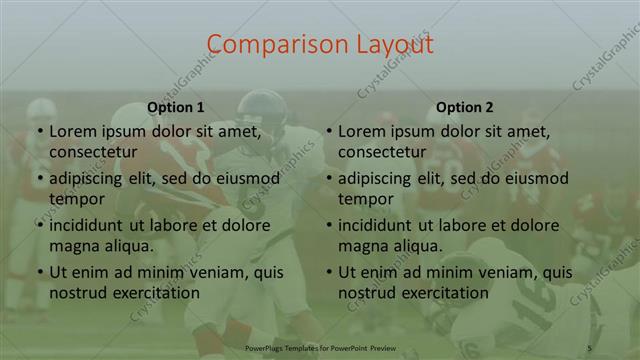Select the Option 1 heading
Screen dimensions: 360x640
(x=176, y=107)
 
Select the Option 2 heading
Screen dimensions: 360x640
(x=465, y=107)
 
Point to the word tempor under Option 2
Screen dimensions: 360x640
(x=366, y=198)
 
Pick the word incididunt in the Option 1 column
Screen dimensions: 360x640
(x=91, y=225)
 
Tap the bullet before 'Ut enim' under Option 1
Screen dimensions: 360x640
(x=40, y=273)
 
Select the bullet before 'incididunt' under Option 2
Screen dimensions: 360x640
(x=329, y=226)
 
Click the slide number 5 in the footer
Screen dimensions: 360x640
(x=589, y=346)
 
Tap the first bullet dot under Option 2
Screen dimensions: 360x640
(x=329, y=131)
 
